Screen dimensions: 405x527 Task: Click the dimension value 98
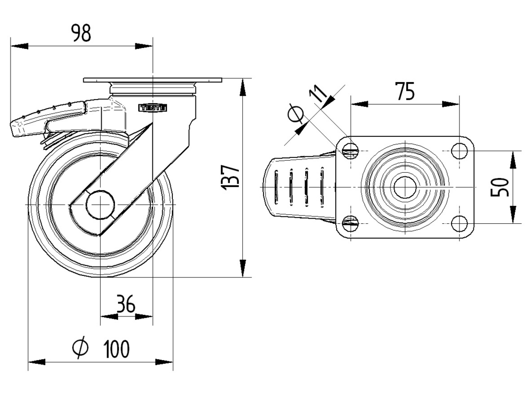tap(81, 33)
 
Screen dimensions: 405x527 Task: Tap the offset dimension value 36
tap(126, 304)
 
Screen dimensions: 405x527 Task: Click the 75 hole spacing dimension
tap(405, 92)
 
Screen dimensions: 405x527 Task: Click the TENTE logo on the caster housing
tap(153, 107)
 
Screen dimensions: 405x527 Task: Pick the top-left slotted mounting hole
tap(350, 152)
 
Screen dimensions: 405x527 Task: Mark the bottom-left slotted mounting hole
tap(350, 223)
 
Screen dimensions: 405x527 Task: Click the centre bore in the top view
tap(404, 187)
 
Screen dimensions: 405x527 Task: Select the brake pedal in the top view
tap(298, 187)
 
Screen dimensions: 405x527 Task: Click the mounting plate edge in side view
tap(153, 81)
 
